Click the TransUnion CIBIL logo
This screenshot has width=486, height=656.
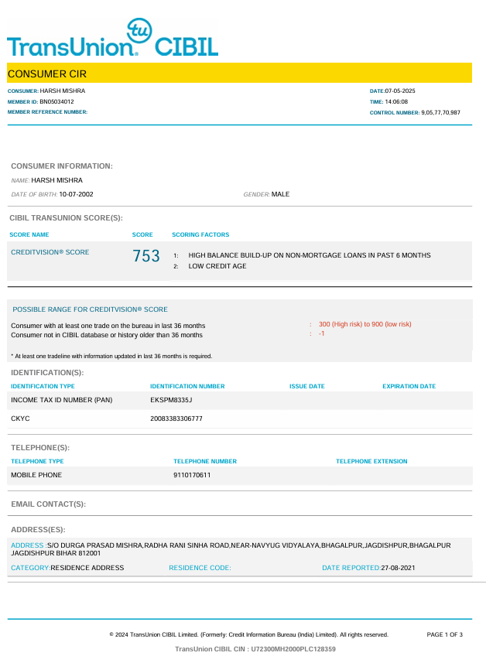(x=113, y=39)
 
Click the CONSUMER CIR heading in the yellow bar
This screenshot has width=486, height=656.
(x=46, y=74)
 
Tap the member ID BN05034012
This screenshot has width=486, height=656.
(x=56, y=101)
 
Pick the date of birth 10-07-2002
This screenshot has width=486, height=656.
(x=76, y=194)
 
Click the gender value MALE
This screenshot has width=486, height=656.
(x=280, y=194)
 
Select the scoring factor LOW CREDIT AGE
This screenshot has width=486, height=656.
(x=217, y=266)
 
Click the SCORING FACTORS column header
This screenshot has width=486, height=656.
(x=200, y=234)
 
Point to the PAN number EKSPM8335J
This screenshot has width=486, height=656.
(x=171, y=400)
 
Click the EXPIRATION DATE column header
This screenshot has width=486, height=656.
(x=409, y=386)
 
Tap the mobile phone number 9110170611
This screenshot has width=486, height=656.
(x=192, y=475)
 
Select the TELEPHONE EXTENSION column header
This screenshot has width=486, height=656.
(x=371, y=462)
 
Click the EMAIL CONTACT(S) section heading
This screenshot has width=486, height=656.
(x=48, y=504)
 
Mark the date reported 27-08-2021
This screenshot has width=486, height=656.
(x=398, y=568)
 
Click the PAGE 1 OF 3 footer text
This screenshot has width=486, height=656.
(x=444, y=634)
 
